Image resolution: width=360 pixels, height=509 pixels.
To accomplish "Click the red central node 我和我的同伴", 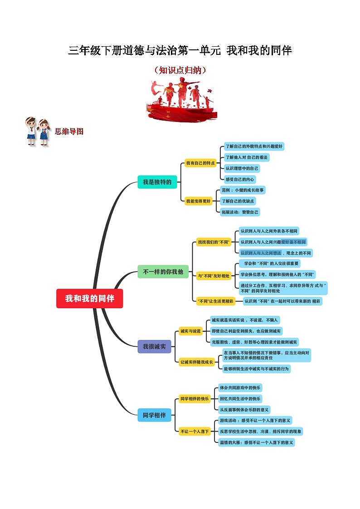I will point(89,299).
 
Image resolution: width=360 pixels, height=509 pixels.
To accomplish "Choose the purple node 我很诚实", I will point(154,347).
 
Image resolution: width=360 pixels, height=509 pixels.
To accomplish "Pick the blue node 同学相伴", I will point(154,415).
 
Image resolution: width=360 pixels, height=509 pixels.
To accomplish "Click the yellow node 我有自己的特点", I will point(200,163).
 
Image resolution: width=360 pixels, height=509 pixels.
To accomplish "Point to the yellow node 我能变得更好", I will point(199,201).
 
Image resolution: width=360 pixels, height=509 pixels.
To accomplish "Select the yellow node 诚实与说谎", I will point(190,331).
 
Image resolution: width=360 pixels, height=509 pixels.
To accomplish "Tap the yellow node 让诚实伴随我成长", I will point(197,362).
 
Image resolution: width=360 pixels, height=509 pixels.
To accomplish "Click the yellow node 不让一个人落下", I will point(195,431).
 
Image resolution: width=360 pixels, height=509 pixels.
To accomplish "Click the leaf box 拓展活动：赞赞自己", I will point(239,212).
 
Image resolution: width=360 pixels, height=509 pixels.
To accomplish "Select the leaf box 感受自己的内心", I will point(240,179).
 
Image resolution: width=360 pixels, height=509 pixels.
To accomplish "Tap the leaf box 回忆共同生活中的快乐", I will point(240,399).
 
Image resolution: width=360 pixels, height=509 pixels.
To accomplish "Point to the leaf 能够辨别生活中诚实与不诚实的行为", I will point(256,369).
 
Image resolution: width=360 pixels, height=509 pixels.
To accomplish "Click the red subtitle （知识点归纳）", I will point(180,70).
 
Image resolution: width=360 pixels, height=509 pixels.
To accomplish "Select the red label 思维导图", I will point(69,131).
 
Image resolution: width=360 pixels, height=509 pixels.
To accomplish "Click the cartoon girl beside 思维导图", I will point(44,131).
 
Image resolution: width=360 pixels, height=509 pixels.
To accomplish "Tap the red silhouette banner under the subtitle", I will point(180,100).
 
